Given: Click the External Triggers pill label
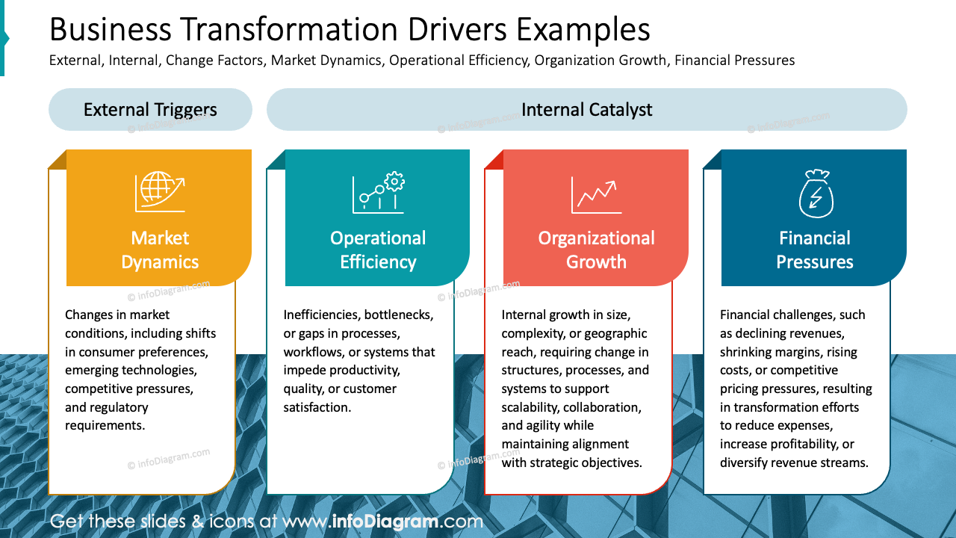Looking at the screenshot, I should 150,110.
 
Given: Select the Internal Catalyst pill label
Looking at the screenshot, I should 586,110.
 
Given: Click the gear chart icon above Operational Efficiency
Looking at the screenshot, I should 378,193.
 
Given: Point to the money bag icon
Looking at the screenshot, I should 815,193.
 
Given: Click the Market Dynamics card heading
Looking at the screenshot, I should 160,250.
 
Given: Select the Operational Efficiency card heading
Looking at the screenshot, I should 378,250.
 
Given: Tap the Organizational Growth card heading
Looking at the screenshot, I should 596,250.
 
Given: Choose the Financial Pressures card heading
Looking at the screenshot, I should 814,250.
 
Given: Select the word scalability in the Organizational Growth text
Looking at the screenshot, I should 529,407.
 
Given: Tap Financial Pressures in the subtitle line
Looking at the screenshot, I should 734,61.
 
